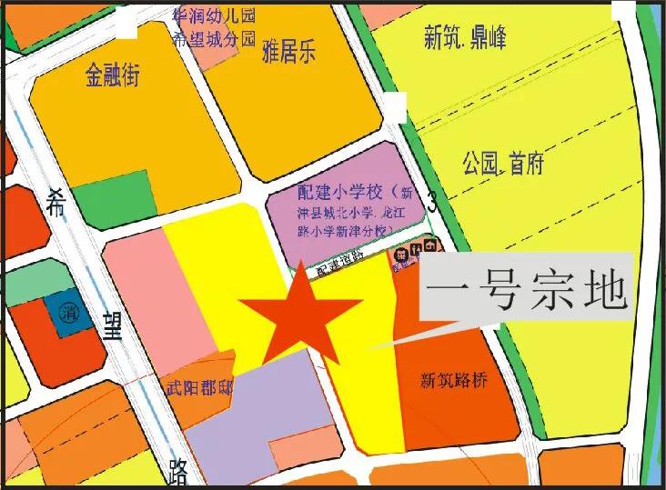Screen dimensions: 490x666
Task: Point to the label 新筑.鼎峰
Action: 465,38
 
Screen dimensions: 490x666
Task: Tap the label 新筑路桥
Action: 454,381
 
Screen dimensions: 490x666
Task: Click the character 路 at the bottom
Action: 178,471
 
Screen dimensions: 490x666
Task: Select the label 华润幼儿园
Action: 212,15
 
